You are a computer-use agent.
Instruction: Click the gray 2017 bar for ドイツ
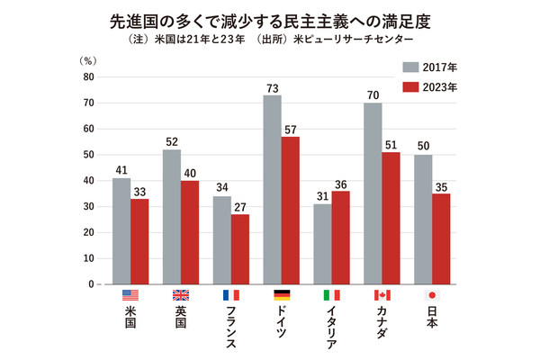pyautogui.click(x=271, y=189)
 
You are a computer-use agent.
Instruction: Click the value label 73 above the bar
pyautogui.click(x=271, y=88)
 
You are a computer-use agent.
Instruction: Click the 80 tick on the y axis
pyautogui.click(x=88, y=77)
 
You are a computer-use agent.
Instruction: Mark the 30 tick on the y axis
pyautogui.click(x=88, y=207)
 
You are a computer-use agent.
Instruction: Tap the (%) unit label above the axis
pyautogui.click(x=87, y=60)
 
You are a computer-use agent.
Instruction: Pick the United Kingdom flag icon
pyautogui.click(x=180, y=295)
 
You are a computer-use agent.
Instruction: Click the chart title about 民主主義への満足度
pyautogui.click(x=270, y=20)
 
